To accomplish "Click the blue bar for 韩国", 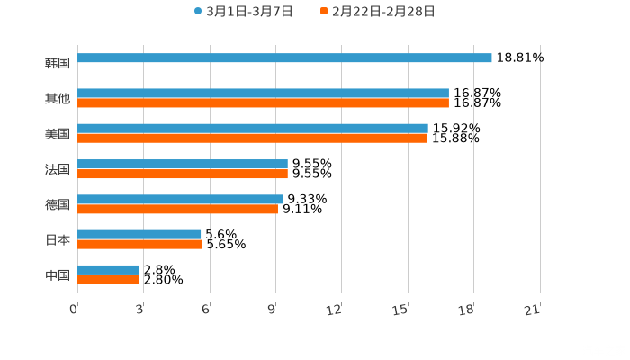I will [284, 58].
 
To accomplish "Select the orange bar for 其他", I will [263, 103].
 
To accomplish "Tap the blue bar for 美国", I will [252, 128].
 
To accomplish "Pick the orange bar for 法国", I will [183, 174].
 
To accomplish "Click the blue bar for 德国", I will [180, 199].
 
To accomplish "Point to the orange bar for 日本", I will [139, 244].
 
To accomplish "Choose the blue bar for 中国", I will [108, 269].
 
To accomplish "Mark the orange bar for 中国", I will [108, 279].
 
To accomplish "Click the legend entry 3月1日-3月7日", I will [243, 12].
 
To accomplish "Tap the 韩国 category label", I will [58, 64].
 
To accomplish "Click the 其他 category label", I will [58, 99].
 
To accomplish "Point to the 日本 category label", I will [58, 240].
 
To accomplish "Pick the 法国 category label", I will [58, 169].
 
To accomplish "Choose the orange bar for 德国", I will [177, 209].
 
